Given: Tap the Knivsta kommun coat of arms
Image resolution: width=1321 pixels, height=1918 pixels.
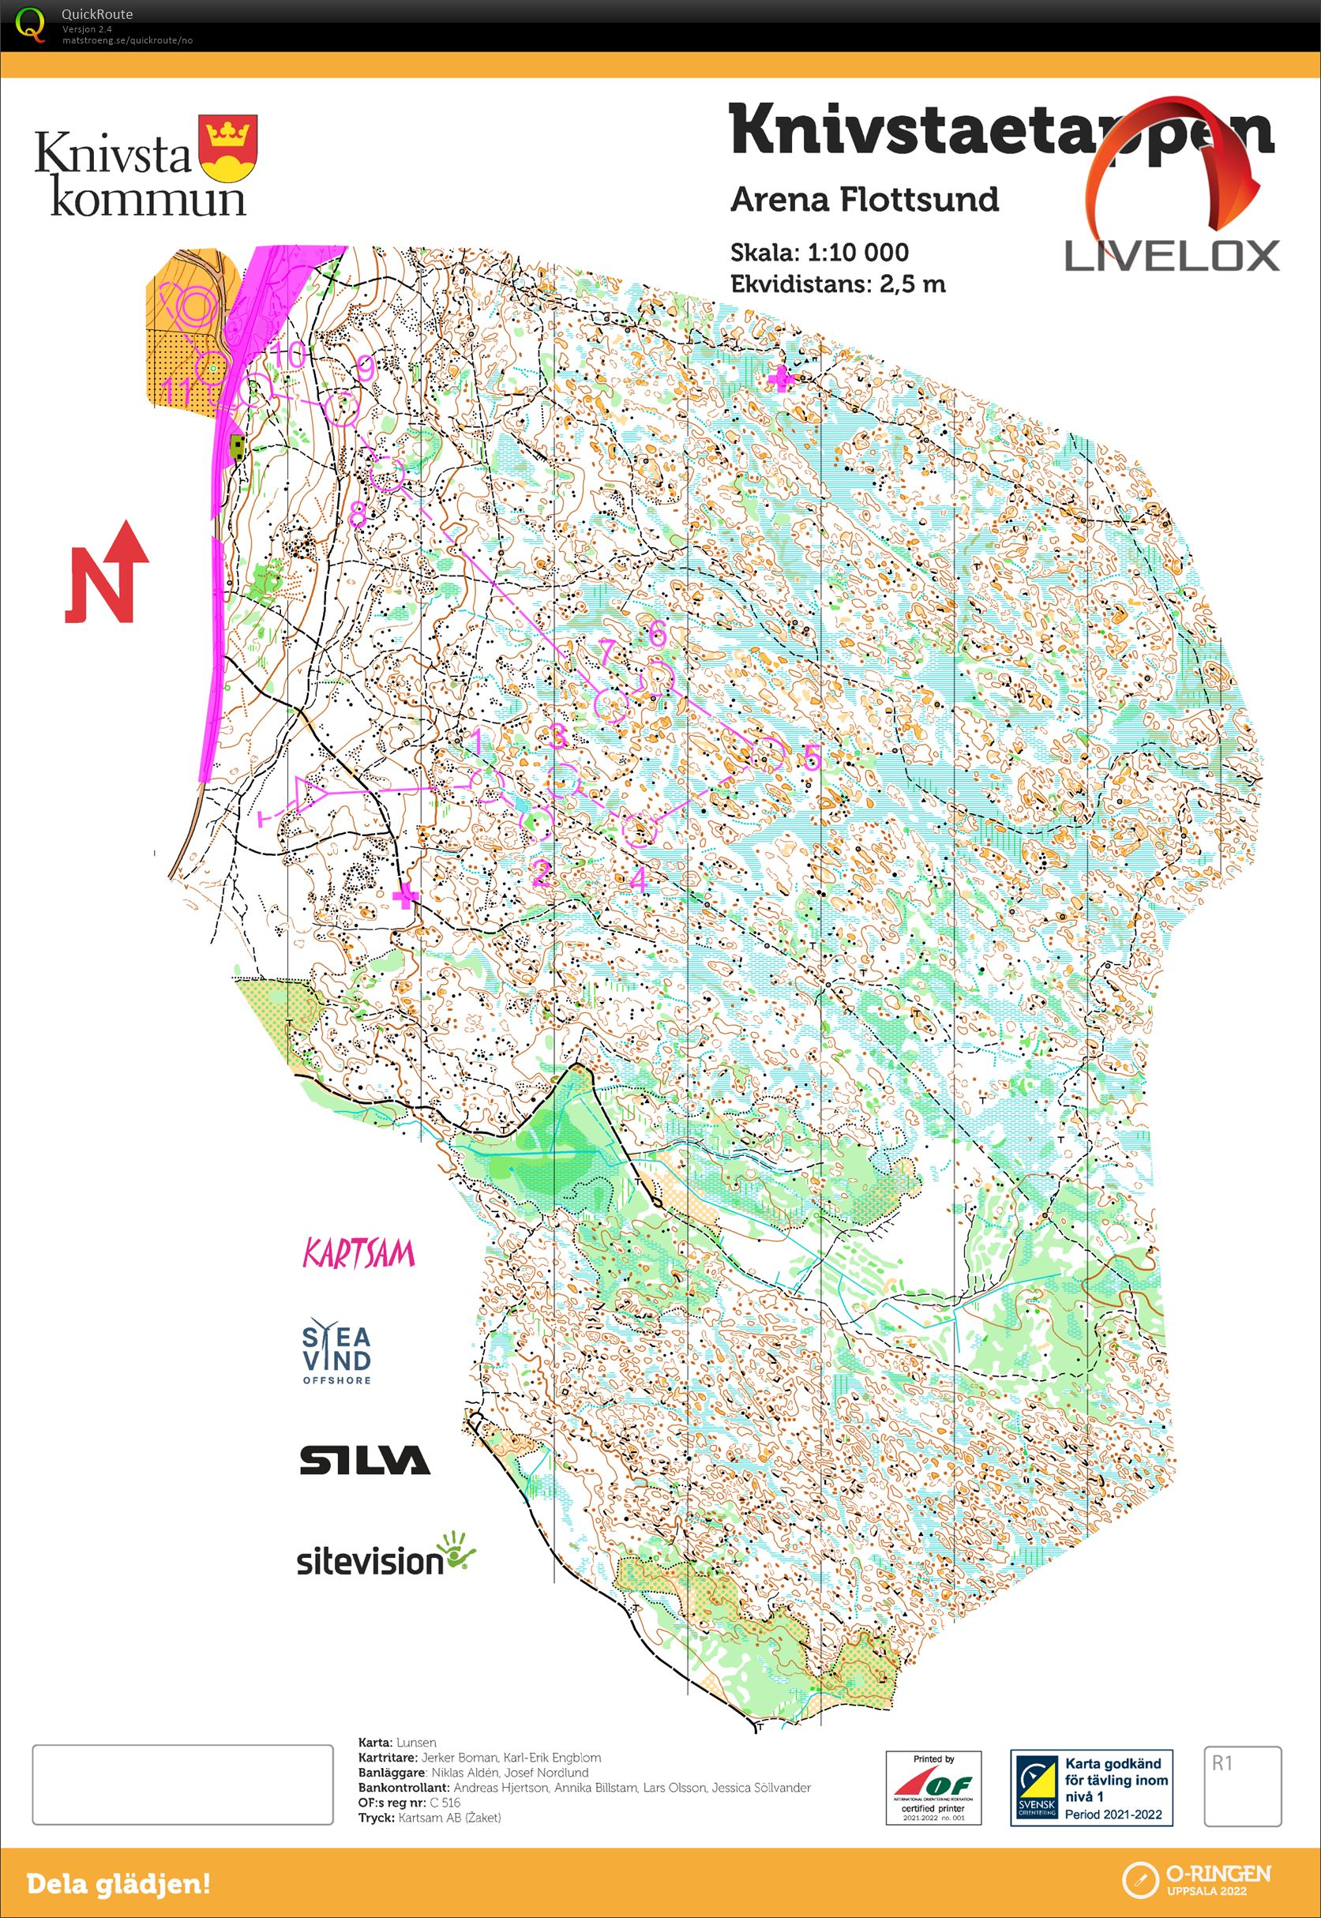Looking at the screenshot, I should [x=227, y=148].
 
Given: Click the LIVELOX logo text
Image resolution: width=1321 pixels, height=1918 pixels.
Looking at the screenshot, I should [x=1171, y=256].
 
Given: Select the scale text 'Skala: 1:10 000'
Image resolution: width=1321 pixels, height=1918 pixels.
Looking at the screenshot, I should [x=819, y=253].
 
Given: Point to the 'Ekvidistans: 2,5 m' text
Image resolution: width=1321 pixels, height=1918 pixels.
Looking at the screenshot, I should [x=837, y=284].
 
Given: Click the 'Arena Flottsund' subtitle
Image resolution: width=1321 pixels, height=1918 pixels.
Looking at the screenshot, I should [x=864, y=200].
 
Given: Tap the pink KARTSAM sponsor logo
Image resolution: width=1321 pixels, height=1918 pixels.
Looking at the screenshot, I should [x=358, y=1254].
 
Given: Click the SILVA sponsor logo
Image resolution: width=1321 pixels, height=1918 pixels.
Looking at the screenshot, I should [x=364, y=1459].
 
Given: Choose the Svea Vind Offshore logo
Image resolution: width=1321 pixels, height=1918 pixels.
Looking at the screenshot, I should [x=336, y=1351].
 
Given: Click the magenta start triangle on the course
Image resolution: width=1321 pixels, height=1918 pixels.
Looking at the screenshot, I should [x=310, y=794].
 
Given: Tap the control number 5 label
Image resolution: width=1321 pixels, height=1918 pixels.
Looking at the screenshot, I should [x=812, y=756].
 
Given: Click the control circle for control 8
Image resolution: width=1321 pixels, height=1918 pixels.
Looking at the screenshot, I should [x=387, y=475].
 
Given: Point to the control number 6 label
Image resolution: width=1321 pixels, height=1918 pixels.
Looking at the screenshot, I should [x=656, y=633].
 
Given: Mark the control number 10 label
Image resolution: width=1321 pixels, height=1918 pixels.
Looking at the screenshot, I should [x=289, y=356].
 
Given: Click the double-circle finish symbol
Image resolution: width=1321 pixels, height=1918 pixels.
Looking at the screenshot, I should [x=195, y=306].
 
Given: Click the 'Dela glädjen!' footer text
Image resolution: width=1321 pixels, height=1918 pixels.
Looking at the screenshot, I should [x=118, y=1884].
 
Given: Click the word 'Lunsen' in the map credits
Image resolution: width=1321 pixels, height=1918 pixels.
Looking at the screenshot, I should [x=416, y=1742].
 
